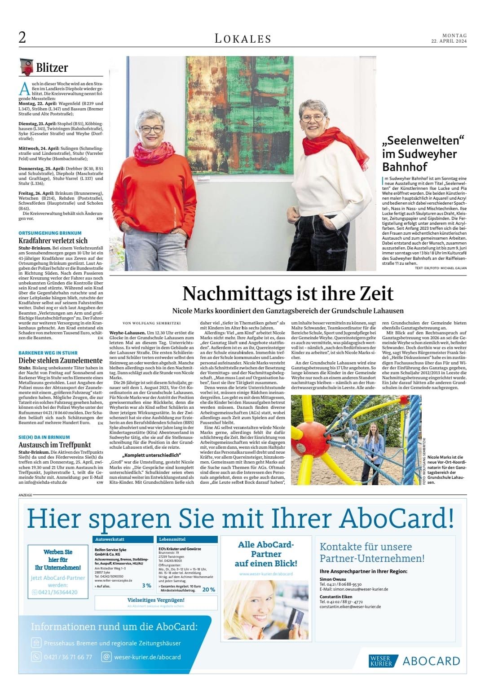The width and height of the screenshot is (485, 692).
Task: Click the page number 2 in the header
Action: click(x=22, y=38)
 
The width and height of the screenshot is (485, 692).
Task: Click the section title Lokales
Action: click(x=242, y=39)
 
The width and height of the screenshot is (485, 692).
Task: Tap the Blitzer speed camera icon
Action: click(x=26, y=66)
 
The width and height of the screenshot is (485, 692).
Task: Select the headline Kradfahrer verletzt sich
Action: click(x=53, y=241)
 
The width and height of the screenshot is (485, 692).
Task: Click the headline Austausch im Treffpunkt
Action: click(x=55, y=445)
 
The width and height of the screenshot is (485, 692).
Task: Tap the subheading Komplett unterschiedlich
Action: click(x=151, y=455)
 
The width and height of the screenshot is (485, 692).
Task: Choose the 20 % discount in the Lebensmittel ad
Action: click(x=208, y=590)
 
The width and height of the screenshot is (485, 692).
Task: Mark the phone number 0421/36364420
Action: click(x=57, y=592)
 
